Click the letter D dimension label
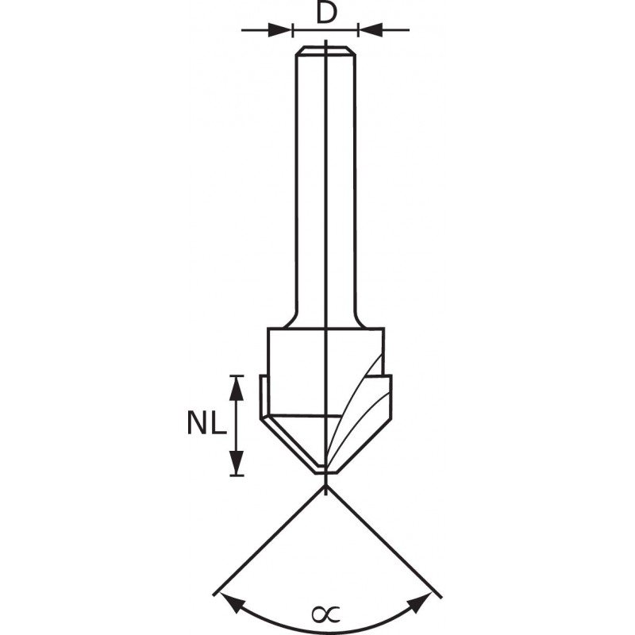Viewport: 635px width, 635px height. tap(326, 13)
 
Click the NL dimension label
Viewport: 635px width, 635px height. tap(206, 422)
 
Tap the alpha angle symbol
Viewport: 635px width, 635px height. tap(325, 614)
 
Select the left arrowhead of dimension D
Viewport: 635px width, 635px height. tap(280, 30)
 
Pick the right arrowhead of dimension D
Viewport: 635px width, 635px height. tap(371, 30)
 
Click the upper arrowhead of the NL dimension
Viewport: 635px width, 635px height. tap(237, 389)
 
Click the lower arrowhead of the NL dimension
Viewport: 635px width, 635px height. tap(237, 463)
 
